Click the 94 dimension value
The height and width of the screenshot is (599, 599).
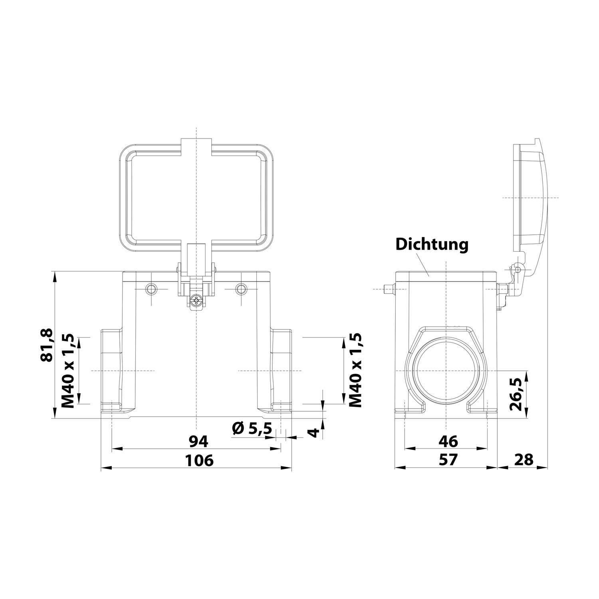click(x=198, y=441)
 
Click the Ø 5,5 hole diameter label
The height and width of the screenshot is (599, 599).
click(x=252, y=429)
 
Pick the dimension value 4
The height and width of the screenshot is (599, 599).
click(x=315, y=432)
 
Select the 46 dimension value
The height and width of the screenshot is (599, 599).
click(x=448, y=441)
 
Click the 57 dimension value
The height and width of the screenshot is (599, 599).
click(x=448, y=460)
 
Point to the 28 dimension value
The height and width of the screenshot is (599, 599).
click(x=524, y=460)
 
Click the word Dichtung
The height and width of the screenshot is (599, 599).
click(x=432, y=244)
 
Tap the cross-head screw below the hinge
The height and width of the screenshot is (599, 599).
click(x=196, y=301)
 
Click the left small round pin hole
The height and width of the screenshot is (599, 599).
click(x=152, y=289)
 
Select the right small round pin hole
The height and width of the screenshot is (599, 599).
click(x=241, y=289)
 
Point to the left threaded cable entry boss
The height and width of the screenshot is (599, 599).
click(x=111, y=371)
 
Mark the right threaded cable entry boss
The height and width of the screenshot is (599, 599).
click(x=282, y=371)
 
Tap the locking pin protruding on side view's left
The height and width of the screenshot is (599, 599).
click(x=388, y=288)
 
